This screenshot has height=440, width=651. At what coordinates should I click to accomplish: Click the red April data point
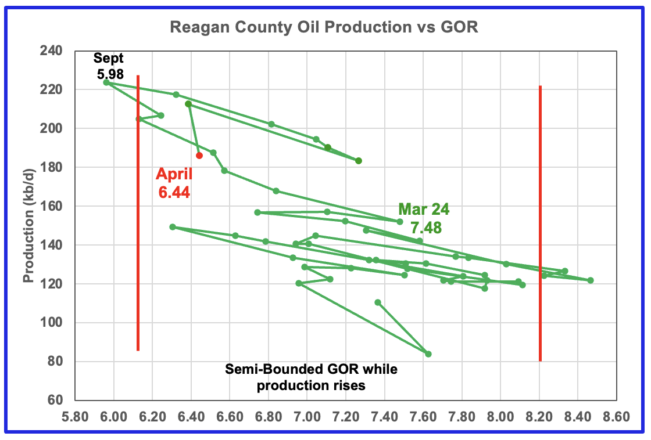click(199, 156)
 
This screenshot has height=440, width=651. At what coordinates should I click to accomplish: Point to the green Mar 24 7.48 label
click(424, 218)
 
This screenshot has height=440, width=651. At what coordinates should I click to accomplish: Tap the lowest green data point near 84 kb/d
click(428, 354)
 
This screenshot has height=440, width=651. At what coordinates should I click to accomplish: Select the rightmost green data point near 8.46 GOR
click(591, 280)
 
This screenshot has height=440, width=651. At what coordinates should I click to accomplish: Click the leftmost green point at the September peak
click(106, 82)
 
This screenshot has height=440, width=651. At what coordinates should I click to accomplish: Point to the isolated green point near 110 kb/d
click(378, 302)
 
